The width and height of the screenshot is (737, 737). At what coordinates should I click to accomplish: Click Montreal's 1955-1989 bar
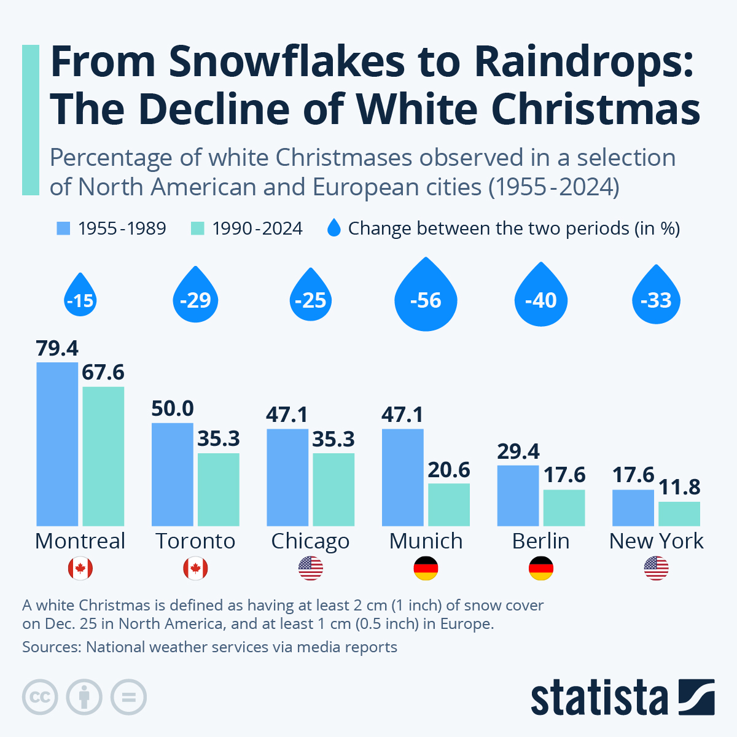click(x=57, y=444)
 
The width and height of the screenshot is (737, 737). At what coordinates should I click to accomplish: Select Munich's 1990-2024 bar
click(x=449, y=505)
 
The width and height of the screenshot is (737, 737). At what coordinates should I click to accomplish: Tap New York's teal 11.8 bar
click(x=679, y=514)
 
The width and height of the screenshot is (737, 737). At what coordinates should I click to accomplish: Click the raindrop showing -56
click(x=426, y=298)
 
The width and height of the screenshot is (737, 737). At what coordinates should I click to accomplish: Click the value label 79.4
click(x=57, y=348)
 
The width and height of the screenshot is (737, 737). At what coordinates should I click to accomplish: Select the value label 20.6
click(x=449, y=470)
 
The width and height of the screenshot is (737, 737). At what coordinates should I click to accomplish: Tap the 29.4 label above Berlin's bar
click(x=518, y=451)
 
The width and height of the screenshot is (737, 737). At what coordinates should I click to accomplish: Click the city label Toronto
click(x=195, y=541)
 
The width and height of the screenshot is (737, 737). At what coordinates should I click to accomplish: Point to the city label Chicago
click(x=310, y=542)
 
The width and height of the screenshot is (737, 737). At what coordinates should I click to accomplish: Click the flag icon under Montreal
click(x=80, y=569)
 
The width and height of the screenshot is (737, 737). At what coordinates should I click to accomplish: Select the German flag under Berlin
click(x=541, y=569)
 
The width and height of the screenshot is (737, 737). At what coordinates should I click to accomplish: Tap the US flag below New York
click(x=656, y=569)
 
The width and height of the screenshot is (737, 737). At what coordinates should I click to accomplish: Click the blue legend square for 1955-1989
click(x=63, y=228)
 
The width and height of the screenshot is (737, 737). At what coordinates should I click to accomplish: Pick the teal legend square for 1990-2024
click(x=197, y=228)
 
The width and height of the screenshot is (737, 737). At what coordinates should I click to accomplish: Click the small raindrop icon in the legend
click(x=333, y=228)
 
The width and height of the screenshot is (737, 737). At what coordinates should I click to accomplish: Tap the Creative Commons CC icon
click(x=40, y=698)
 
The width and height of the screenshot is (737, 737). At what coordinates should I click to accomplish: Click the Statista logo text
click(x=599, y=698)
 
